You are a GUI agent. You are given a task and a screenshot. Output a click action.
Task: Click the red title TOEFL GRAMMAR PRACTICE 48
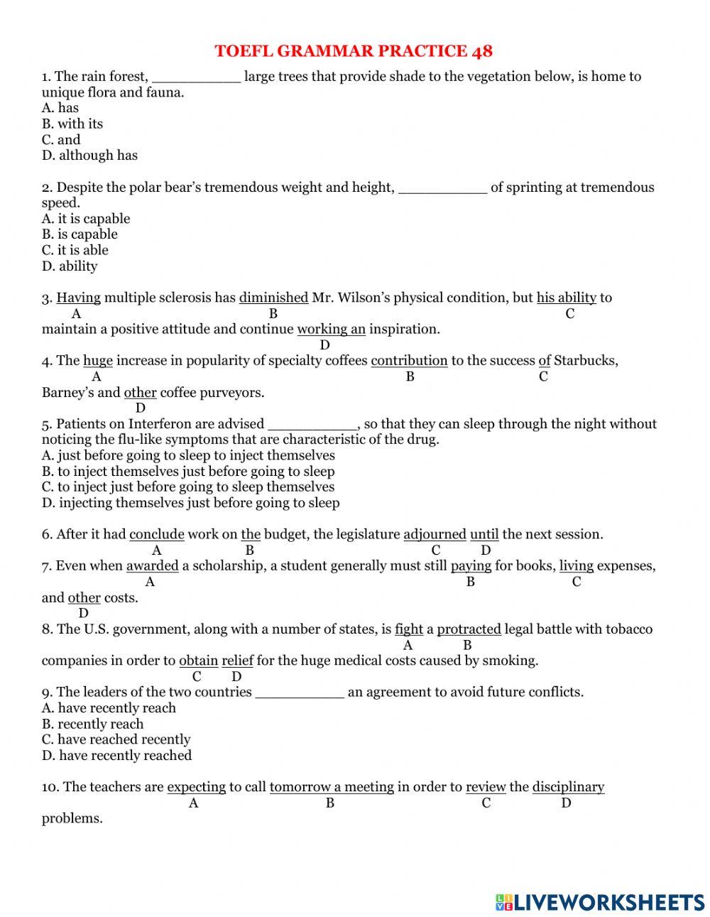(354, 51)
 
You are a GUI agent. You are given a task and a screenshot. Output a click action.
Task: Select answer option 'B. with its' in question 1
(72, 124)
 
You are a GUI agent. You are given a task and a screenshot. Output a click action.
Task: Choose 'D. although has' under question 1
(89, 155)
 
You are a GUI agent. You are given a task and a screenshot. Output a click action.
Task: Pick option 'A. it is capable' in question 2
(86, 219)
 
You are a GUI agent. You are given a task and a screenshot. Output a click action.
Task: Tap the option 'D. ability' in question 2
(70, 266)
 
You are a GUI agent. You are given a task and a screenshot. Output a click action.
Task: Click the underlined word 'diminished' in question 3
(273, 298)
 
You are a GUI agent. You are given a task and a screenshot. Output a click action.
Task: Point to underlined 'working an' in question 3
(331, 329)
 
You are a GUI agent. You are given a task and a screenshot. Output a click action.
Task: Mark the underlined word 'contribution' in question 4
(409, 361)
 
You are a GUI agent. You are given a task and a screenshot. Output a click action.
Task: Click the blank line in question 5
(312, 425)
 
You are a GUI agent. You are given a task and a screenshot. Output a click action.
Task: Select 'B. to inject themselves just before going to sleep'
(188, 472)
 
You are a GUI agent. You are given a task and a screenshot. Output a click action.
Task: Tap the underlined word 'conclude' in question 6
(157, 534)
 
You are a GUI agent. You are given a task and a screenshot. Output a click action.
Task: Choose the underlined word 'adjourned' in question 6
(435, 534)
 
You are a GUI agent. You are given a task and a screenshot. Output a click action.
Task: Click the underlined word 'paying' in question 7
(471, 566)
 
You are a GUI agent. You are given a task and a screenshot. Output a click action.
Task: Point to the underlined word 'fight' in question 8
(408, 629)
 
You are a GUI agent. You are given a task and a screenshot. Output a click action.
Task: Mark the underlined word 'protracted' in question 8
(469, 629)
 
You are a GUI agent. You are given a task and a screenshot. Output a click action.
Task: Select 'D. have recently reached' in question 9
(116, 756)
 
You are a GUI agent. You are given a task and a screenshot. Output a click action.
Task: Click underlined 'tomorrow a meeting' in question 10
(332, 787)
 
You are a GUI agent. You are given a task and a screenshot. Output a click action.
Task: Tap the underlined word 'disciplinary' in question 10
(568, 787)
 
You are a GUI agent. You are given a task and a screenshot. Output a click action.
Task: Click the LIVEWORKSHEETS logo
(600, 902)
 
